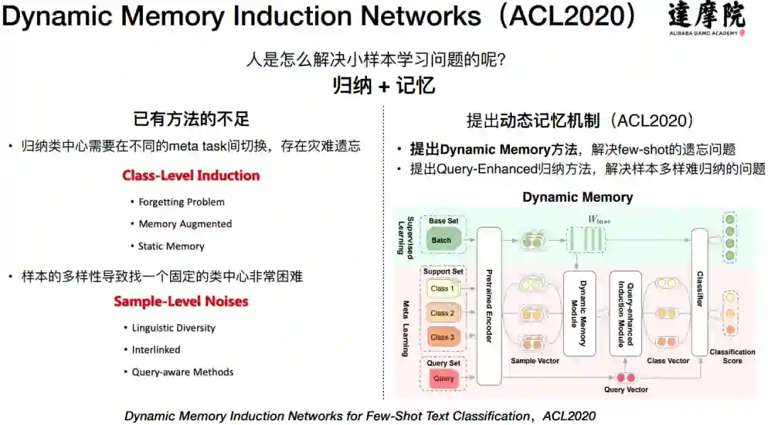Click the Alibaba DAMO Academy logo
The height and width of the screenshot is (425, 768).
coord(707,20)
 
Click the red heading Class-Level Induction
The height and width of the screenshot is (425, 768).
coord(191,175)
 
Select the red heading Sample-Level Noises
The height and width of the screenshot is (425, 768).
coord(181,301)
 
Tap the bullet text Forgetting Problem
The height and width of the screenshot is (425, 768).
coord(181,202)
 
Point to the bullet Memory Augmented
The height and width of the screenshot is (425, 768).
coord(185,224)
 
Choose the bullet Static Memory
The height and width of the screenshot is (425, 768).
coord(171,246)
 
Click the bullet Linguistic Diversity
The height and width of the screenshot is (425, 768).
coord(174,328)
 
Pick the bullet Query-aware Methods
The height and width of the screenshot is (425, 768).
coord(182,372)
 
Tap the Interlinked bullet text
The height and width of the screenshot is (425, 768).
coord(156,350)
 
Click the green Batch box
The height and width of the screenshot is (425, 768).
coord(442,240)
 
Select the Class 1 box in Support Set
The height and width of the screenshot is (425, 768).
coord(442,289)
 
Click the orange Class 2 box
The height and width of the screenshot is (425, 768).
coord(442,313)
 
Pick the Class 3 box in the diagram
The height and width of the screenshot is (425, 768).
coord(442,337)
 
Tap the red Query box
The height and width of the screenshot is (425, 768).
coord(443,379)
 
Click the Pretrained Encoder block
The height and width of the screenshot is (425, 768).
coord(489,306)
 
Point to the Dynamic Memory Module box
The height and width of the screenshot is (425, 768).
coord(578,313)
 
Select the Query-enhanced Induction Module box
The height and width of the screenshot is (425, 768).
coord(626,313)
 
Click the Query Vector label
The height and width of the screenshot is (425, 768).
coord(626,389)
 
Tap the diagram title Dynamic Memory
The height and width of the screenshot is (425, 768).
coord(577,197)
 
